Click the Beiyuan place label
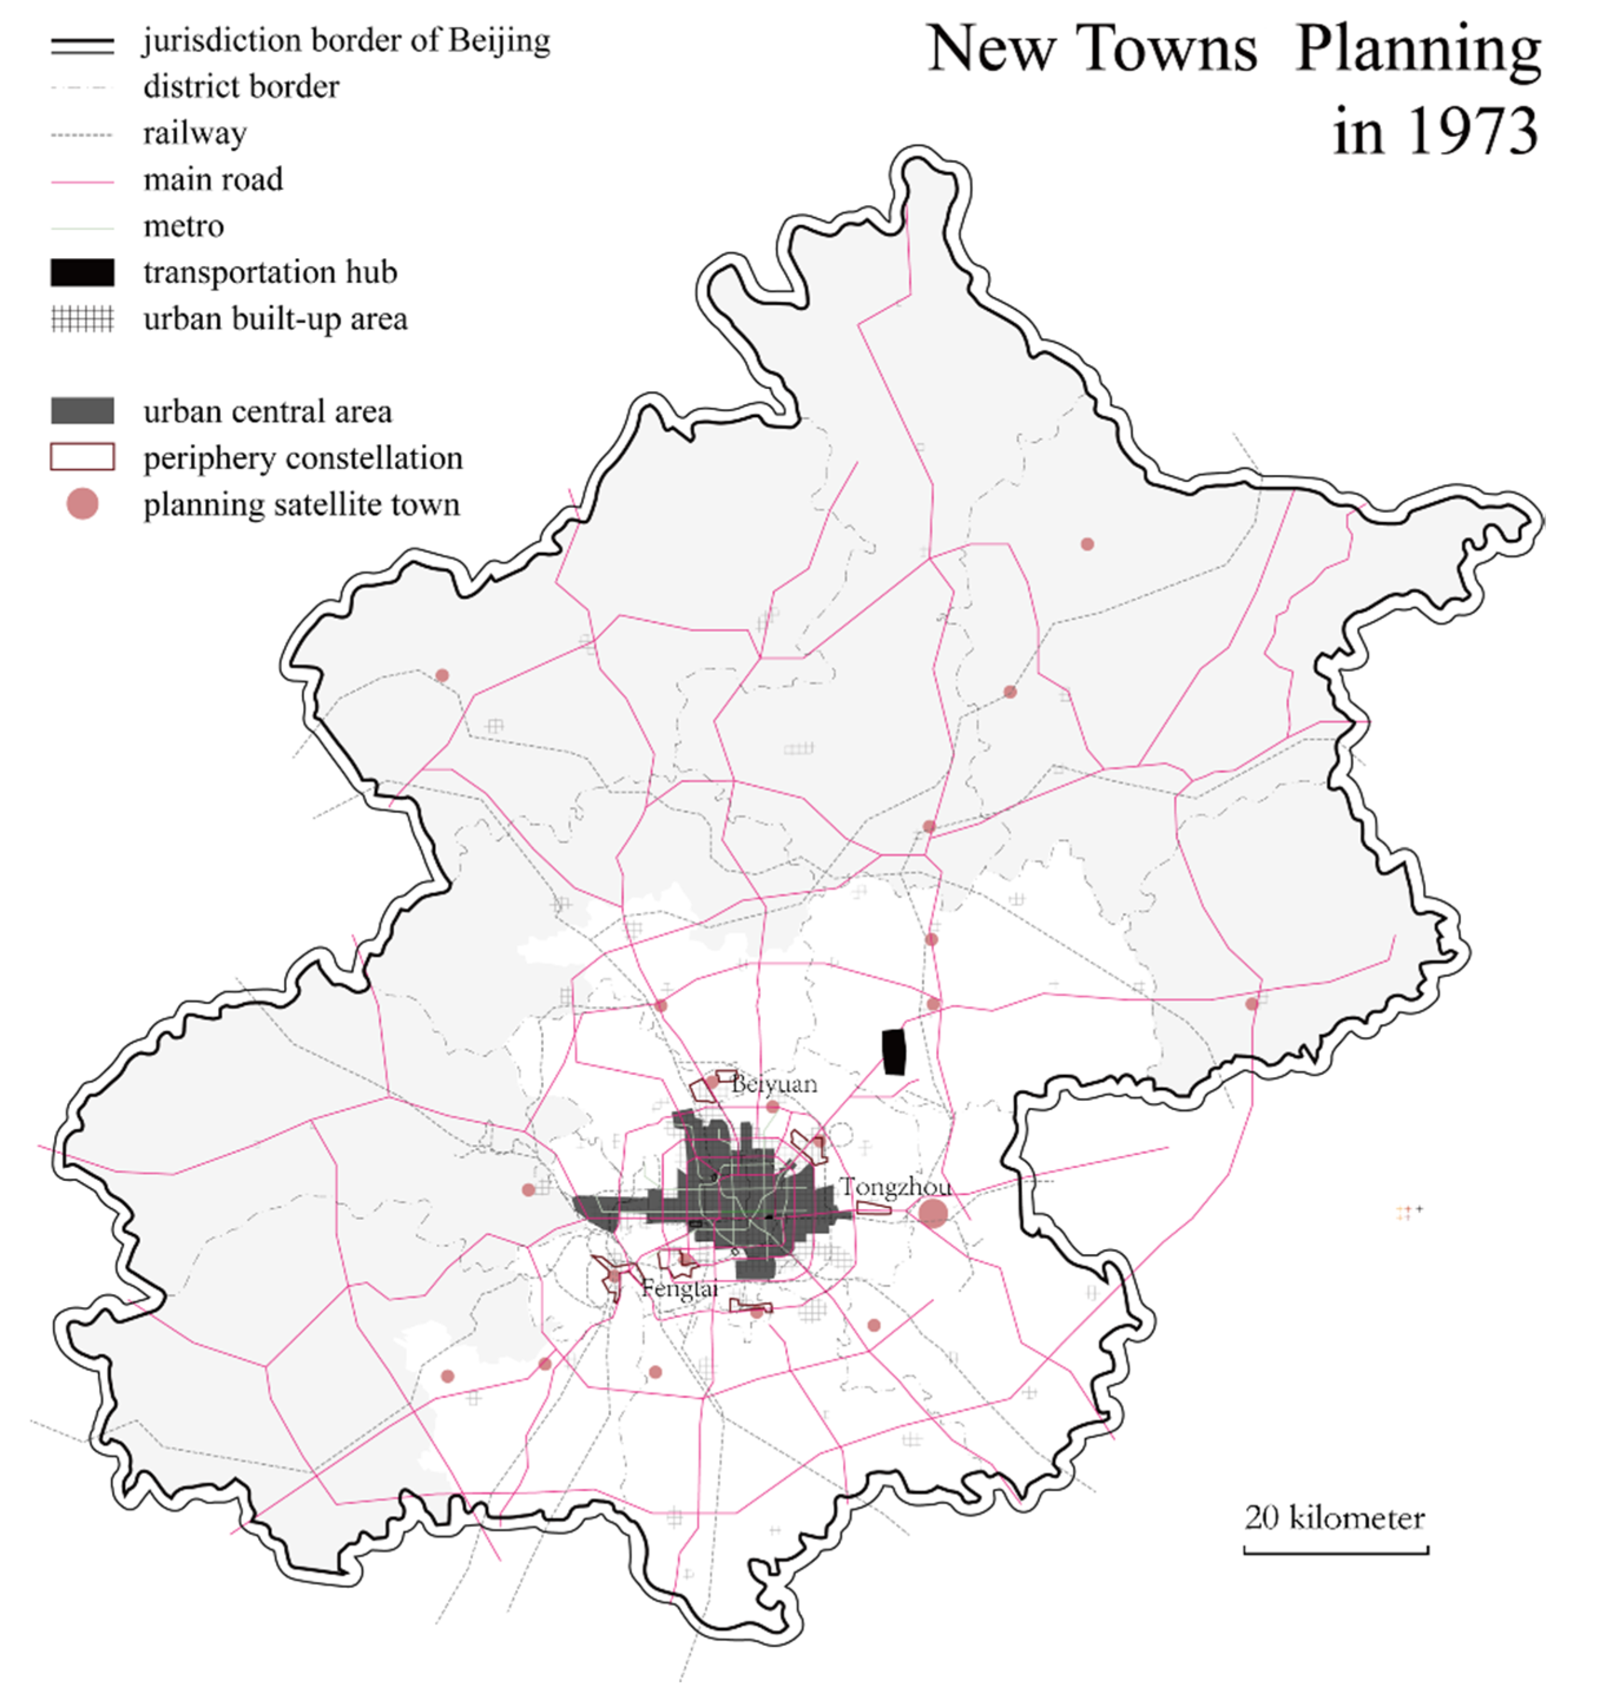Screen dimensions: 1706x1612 (774, 1084)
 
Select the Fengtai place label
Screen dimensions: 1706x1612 (680, 1289)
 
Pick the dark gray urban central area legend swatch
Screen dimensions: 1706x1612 (83, 411)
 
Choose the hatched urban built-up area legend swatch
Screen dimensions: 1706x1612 (83, 319)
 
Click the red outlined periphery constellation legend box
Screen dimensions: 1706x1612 (83, 457)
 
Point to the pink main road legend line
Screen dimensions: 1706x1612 (83, 182)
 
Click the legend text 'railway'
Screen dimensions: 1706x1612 (195, 133)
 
